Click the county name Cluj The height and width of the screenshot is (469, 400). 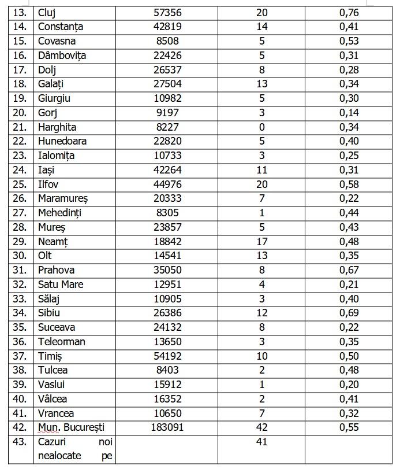pyautogui.click(x=46, y=13)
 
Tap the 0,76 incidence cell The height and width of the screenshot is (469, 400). pyautogui.click(x=349, y=13)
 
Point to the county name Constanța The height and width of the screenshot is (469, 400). pyautogui.click(x=61, y=27)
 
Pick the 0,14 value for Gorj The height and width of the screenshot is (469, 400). pyautogui.click(x=349, y=113)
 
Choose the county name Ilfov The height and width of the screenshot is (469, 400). pyautogui.click(x=48, y=184)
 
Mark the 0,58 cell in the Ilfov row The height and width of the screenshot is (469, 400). pyautogui.click(x=349, y=184)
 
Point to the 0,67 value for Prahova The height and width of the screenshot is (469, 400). pyautogui.click(x=349, y=270)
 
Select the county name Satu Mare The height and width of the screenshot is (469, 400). pyautogui.click(x=61, y=285)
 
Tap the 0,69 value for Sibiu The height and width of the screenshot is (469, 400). pyautogui.click(x=349, y=313)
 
